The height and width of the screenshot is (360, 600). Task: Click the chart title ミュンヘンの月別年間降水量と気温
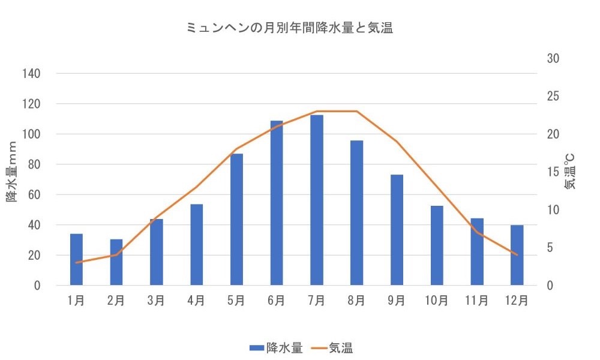(x=290, y=28)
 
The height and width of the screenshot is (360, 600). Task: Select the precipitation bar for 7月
(x=316, y=200)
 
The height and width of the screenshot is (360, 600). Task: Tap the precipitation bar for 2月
(x=116, y=262)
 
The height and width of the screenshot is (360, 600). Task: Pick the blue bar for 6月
(x=277, y=203)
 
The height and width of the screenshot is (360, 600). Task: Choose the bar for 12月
(x=517, y=255)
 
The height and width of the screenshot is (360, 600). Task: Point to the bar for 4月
(x=196, y=245)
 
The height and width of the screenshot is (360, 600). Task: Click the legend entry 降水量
(x=280, y=347)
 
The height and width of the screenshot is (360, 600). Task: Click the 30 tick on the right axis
(x=553, y=59)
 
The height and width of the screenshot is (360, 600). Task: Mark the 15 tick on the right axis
(x=553, y=172)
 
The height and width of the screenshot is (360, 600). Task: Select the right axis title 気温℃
(x=569, y=171)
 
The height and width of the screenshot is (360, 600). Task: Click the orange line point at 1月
(x=76, y=263)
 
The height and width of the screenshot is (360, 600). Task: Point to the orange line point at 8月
(x=356, y=112)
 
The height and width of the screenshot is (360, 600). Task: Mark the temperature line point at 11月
(x=476, y=232)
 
